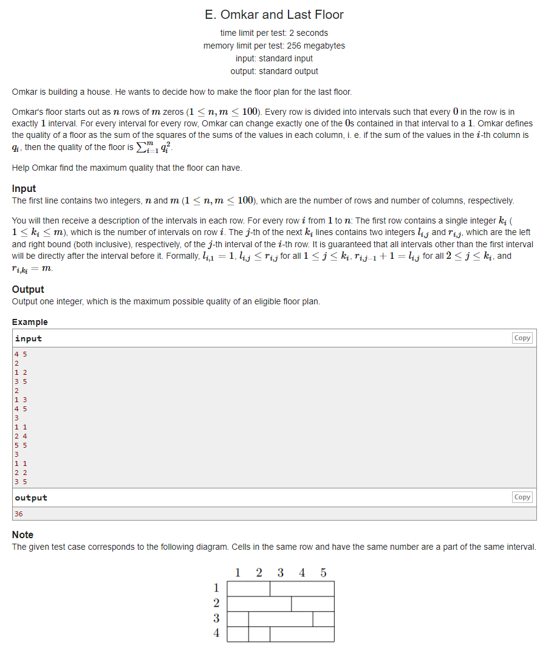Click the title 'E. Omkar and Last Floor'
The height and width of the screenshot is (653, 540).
click(274, 14)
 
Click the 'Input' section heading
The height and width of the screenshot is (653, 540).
click(24, 188)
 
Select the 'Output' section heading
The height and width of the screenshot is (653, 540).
click(28, 289)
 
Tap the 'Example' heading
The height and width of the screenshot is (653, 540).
click(30, 322)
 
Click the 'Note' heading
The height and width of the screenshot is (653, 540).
click(22, 535)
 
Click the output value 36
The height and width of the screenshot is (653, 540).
click(19, 513)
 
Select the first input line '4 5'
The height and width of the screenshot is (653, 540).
click(21, 354)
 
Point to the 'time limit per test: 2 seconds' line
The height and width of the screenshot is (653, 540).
click(274, 33)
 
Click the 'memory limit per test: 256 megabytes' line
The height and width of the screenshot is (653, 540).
click(274, 46)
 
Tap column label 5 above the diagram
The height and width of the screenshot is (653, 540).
click(323, 573)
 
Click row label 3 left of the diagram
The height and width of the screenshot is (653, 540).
click(216, 618)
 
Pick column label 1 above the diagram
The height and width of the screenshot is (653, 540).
click(238, 573)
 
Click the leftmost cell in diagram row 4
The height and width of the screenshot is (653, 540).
click(238, 634)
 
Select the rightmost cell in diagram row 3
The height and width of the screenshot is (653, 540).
click(323, 619)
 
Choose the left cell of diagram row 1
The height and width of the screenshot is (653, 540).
click(248, 589)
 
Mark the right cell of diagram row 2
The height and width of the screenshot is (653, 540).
click(312, 604)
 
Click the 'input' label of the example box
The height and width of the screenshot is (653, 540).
click(29, 338)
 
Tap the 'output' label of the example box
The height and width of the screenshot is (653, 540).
click(31, 497)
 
